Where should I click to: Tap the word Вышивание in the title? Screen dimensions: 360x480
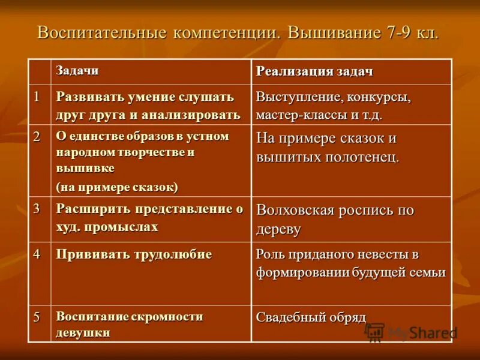click(x=334, y=32)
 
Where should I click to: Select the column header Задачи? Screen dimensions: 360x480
click(x=77, y=70)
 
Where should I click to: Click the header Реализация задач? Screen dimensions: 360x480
click(x=315, y=71)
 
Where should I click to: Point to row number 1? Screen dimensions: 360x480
click(x=37, y=96)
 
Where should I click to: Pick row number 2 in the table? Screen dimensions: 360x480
click(x=37, y=136)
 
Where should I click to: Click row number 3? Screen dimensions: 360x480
click(x=37, y=209)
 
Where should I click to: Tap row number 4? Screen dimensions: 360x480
click(x=37, y=254)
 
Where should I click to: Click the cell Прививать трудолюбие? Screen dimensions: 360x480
click(x=134, y=254)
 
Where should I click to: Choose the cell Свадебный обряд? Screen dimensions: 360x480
click(x=311, y=317)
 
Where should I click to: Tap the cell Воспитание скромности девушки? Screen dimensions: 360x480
click(x=129, y=324)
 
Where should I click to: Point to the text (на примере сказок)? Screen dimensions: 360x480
click(x=117, y=187)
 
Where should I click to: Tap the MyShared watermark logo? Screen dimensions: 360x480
click(x=411, y=332)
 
